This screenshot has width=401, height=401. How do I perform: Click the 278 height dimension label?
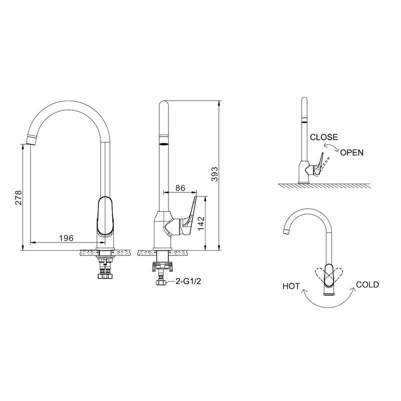[x=19, y=197]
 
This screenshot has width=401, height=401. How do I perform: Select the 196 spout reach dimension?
[x=66, y=238]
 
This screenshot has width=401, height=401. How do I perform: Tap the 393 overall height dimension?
[x=215, y=174]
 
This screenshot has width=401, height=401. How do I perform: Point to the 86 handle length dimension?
[x=180, y=188]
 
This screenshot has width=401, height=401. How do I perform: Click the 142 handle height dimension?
[x=202, y=223]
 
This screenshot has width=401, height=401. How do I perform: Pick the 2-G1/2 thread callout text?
[x=188, y=281]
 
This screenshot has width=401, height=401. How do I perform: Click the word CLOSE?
[x=324, y=137]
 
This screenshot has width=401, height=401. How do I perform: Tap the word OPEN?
[x=352, y=152]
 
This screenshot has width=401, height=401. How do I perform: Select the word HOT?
[x=291, y=286]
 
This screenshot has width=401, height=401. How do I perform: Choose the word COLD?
[x=367, y=285]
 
